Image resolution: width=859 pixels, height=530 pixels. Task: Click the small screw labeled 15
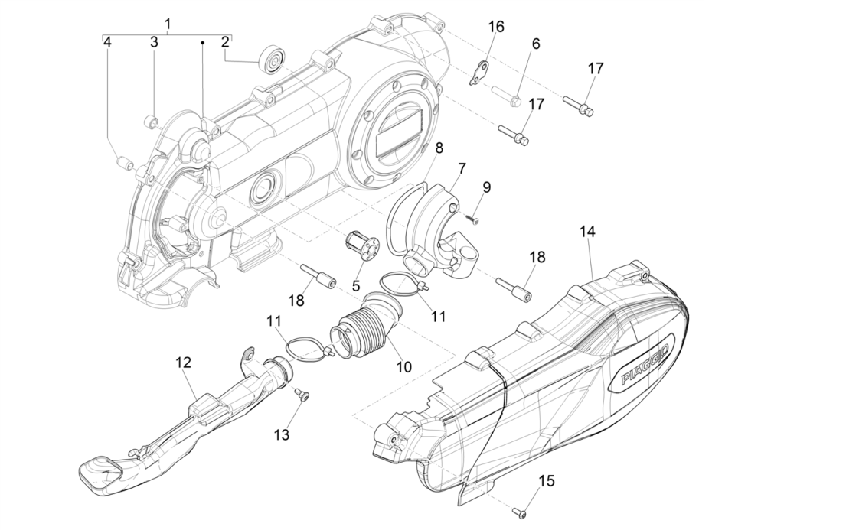coord(518,511)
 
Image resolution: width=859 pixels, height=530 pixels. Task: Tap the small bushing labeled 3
coord(152,119)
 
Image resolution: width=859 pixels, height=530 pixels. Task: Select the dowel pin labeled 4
coord(121,161)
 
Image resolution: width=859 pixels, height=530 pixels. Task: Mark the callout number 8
coord(439,147)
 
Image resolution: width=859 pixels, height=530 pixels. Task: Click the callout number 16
coord(496,27)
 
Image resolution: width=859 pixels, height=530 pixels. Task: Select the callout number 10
coord(403,367)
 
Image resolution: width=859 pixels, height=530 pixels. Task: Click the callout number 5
coord(356,285)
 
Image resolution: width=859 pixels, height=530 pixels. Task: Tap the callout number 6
coord(535,44)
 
